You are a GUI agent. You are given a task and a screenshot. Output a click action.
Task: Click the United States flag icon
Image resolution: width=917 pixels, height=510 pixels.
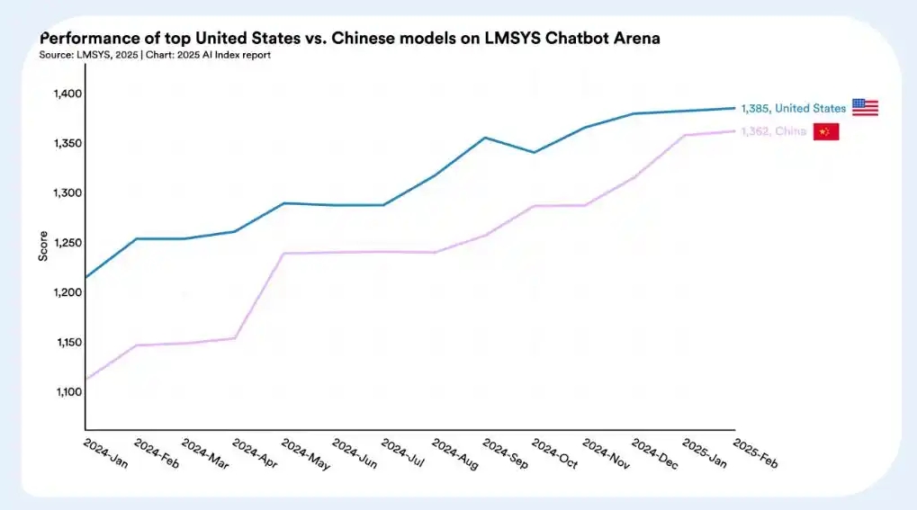[x=865, y=108]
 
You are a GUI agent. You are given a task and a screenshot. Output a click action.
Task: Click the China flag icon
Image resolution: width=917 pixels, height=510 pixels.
[x=826, y=132]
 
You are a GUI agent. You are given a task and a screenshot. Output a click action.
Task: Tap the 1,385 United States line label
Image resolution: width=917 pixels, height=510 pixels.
[x=792, y=108]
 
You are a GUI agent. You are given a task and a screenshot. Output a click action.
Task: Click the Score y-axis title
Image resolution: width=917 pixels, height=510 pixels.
[x=43, y=246]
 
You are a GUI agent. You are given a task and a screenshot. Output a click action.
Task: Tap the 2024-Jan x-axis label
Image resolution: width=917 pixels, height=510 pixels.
[x=104, y=453]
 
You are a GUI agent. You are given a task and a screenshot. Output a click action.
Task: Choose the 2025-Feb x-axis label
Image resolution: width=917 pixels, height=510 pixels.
[x=754, y=453]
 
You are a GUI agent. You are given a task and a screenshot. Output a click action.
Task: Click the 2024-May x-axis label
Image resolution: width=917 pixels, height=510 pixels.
[x=303, y=453]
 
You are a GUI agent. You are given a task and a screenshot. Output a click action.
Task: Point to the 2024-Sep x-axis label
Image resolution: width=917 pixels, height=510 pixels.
[x=503, y=453]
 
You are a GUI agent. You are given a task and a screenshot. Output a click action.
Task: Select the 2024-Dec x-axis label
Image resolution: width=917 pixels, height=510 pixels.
[x=652, y=453]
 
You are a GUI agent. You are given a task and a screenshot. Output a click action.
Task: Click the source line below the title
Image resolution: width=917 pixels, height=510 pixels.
[x=155, y=55]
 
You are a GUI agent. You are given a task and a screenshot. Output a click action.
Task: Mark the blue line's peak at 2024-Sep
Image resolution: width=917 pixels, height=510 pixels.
[x=485, y=138]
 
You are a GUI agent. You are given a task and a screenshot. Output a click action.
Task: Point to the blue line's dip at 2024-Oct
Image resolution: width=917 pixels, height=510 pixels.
[x=535, y=152]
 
